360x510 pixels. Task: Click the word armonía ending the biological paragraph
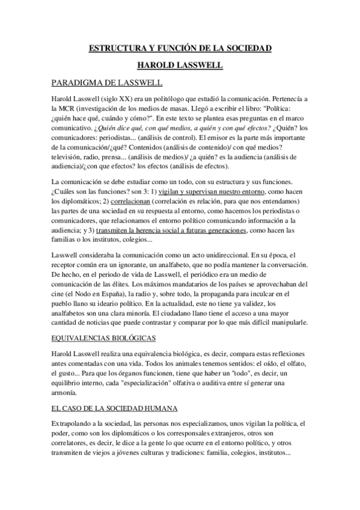[x=69, y=393]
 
